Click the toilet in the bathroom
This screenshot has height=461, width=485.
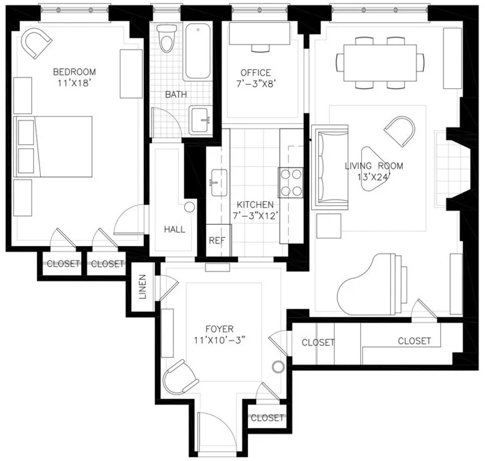coord(167,39)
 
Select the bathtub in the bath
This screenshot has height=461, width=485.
coord(198,52)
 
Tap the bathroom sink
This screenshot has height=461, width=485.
coord(201,120)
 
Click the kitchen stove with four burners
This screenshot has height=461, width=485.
coord(291,182)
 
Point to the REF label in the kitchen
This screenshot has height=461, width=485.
coord(216,241)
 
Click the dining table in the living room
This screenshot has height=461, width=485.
coord(380,62)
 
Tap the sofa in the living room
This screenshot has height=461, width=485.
coord(330,168)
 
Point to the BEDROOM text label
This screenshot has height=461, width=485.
coord(74,72)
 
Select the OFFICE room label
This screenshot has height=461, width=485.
coord(255,73)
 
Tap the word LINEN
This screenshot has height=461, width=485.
coord(143,287)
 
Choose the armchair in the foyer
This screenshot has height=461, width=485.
coord(180,377)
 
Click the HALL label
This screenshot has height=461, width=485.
coord(174,229)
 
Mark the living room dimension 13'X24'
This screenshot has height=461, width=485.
coord(373,177)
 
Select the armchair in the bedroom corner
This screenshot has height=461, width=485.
coord(36,42)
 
